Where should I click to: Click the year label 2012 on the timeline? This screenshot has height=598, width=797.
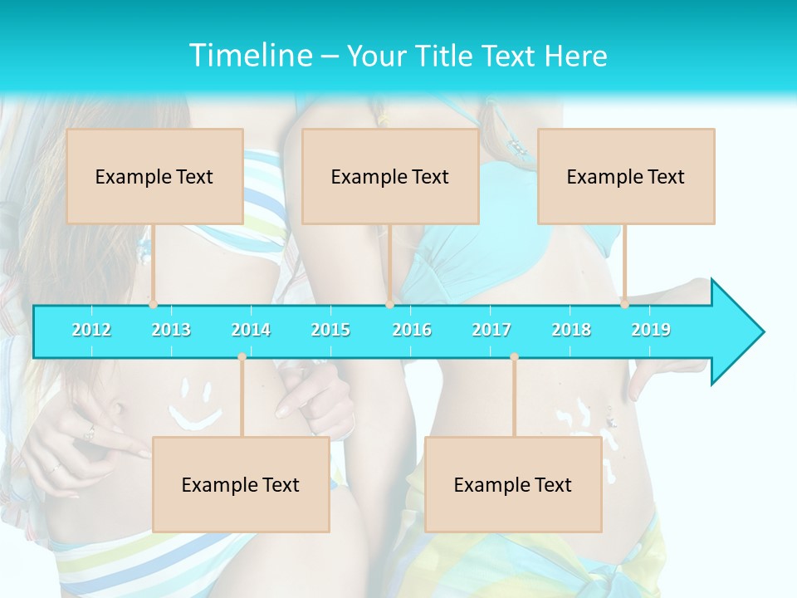91,330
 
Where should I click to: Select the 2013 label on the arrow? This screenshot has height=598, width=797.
171,330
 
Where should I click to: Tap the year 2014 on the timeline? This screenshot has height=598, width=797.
251,330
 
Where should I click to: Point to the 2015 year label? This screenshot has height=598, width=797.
330,330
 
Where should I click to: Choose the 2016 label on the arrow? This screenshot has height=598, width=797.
412,330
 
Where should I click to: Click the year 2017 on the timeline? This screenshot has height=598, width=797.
491,330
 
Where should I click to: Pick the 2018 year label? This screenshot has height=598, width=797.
571,330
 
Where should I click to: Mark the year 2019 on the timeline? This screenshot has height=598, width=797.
651,330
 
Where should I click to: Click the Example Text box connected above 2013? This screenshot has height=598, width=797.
154,176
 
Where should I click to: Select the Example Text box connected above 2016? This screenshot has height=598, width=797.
390,176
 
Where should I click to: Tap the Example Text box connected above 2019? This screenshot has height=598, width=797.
626,176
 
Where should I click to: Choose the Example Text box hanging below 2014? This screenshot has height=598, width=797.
241,484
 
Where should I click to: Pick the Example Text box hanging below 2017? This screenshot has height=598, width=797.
513,484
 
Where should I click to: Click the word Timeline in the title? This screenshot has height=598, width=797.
250,55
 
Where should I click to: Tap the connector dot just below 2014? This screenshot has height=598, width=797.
242,357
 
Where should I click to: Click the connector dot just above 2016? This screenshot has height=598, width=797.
389,305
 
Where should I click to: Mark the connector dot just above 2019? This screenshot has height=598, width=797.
624,305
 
